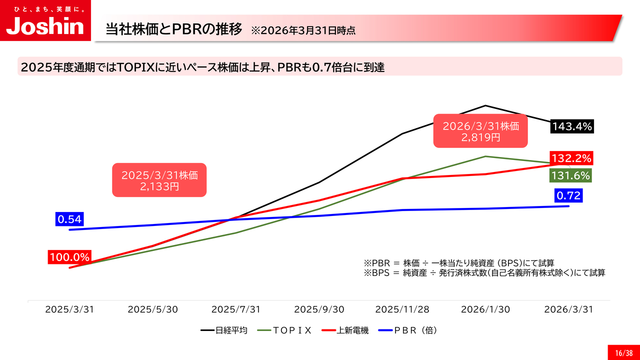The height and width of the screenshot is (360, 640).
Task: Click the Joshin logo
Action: pos(45,20)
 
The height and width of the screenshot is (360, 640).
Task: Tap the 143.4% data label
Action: pos(572,126)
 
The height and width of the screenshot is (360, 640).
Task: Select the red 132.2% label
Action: pos(571,158)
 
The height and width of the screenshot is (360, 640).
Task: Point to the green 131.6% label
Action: pos(570,175)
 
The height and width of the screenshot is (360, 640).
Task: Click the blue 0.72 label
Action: pos(568,195)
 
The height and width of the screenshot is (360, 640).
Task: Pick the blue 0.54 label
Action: pos(69,219)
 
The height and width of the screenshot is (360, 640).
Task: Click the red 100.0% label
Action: pos(69,257)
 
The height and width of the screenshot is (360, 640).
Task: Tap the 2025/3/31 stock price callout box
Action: pos(159,180)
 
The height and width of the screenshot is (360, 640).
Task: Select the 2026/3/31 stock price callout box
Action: pos(480,131)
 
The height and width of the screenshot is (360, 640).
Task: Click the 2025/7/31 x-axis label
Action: pos(235,309)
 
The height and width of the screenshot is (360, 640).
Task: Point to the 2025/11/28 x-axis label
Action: pos(402,309)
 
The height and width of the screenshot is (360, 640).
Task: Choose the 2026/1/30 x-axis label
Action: pos(485,309)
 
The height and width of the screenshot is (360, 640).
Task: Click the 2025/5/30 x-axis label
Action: pos(153,309)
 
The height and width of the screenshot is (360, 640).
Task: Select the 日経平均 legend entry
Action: pos(224,330)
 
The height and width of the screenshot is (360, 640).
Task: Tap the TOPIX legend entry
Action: pos(284,330)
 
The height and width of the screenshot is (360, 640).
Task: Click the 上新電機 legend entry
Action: pos(345,330)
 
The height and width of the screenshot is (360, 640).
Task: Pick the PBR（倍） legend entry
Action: pos(407,330)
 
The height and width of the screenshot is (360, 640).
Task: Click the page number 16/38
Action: pos(624,353)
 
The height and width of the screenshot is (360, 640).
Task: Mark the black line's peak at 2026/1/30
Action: pos(485,105)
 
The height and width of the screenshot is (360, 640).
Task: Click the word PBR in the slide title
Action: pos(187,29)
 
